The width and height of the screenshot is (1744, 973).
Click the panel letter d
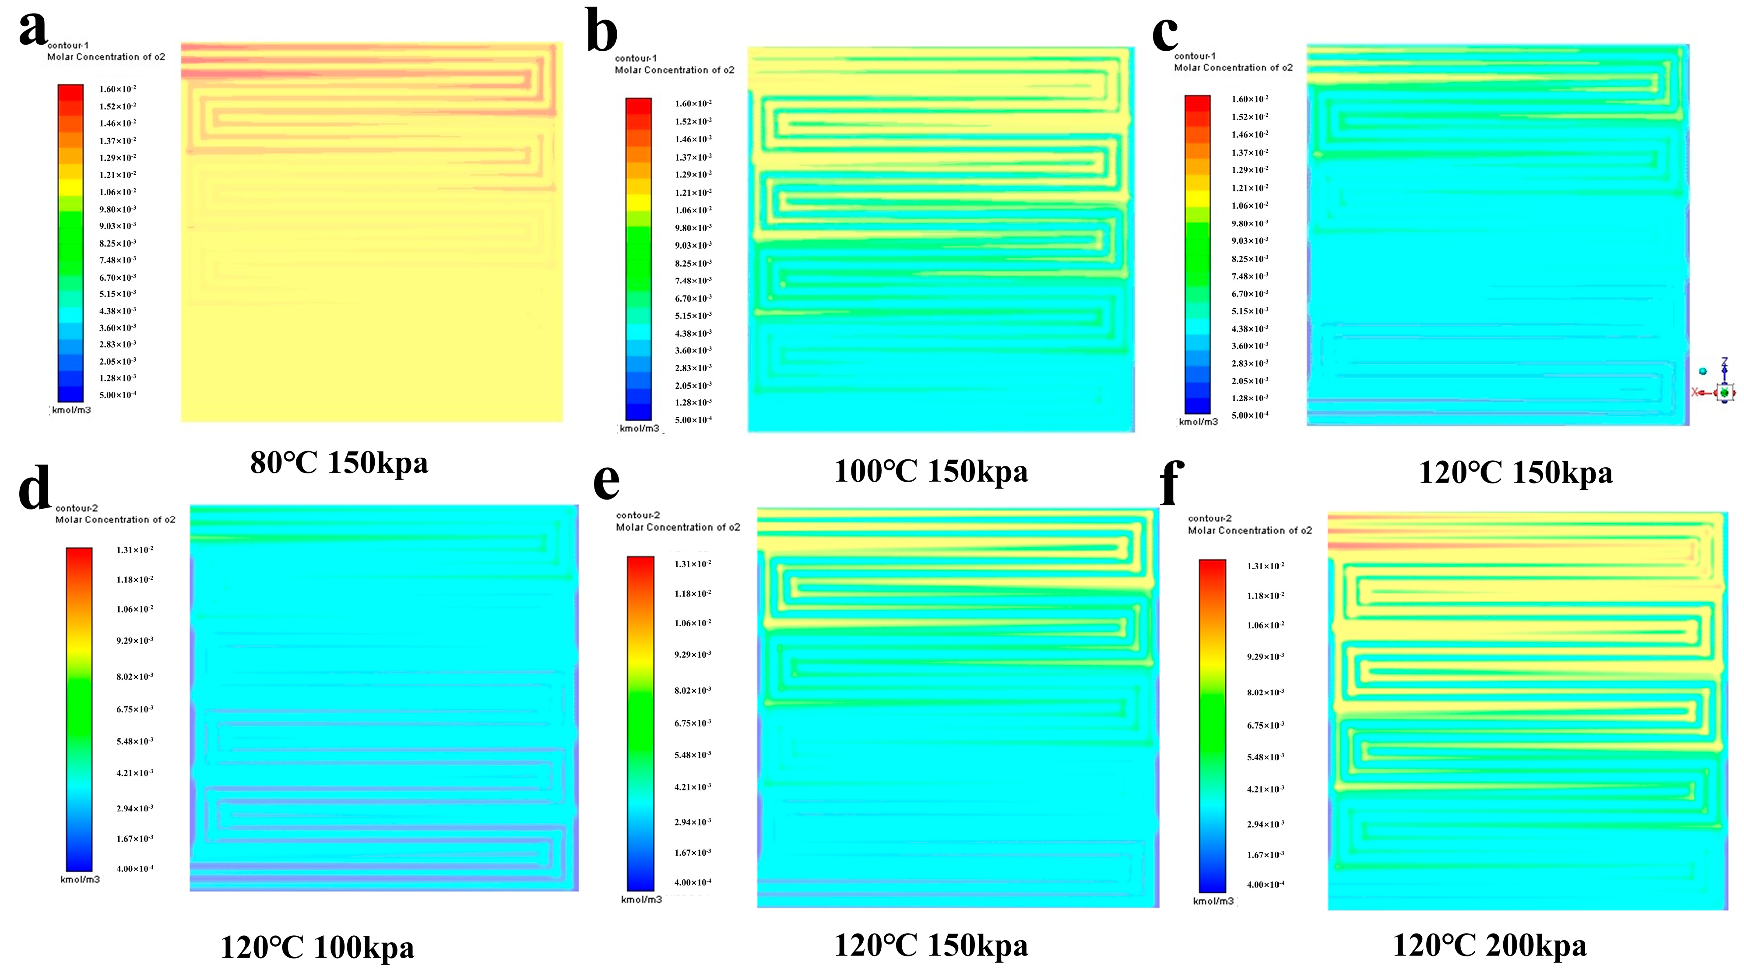click(35, 487)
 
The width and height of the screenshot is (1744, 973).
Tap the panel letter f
click(1171, 482)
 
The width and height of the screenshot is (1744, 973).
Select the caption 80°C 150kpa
click(339, 463)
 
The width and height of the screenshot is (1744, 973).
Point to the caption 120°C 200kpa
click(1489, 945)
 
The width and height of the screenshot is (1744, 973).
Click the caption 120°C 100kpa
click(317, 947)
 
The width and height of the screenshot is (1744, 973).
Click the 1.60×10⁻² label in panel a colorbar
click(117, 89)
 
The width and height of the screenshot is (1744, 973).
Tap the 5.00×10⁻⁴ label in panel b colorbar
click(693, 420)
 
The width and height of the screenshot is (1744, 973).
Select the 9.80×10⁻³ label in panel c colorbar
click(1249, 223)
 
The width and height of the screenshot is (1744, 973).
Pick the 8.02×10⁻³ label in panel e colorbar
click(692, 691)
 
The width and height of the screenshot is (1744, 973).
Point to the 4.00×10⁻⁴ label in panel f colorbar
click(1265, 884)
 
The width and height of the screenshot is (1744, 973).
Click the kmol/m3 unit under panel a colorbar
click(71, 410)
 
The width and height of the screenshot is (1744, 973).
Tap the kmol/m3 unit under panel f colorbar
click(1213, 901)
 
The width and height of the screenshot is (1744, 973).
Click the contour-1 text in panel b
click(635, 58)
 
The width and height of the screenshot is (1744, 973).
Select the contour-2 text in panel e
click(637, 515)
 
